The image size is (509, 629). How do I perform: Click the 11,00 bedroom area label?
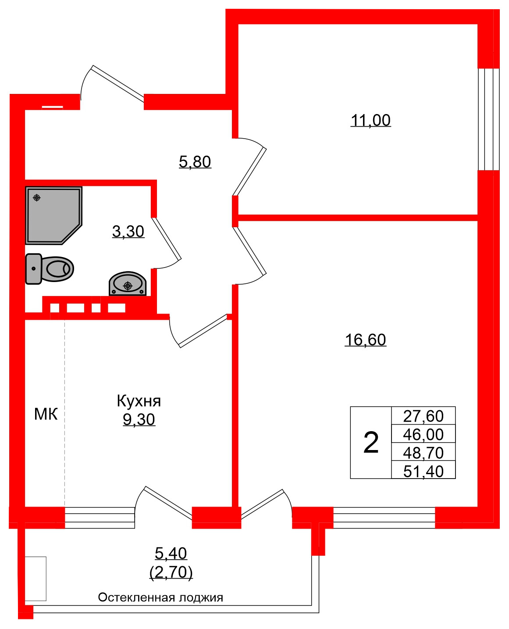(370, 120)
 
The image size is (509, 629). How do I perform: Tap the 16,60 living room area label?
(365, 340)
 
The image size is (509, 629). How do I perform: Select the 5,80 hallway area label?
(195, 162)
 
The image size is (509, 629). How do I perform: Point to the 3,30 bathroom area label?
(128, 231)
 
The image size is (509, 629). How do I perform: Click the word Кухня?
(139, 401)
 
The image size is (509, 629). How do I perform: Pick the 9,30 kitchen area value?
(139, 420)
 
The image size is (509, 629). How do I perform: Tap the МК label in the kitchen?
(46, 414)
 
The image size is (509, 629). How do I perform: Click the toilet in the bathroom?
(50, 268)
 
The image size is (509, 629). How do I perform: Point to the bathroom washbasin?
(128, 284)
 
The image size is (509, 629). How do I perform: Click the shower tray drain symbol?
(37, 198)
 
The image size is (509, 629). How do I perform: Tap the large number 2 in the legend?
(371, 443)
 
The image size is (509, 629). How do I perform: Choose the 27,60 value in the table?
(423, 416)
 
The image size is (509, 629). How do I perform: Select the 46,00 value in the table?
(423, 434)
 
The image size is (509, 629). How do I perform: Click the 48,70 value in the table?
(423, 453)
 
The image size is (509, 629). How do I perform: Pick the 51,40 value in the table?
(423, 471)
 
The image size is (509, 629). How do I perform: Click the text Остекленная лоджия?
(160, 597)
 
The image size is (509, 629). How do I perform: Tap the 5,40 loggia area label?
(171, 554)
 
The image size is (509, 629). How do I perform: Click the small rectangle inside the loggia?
(36, 579)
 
